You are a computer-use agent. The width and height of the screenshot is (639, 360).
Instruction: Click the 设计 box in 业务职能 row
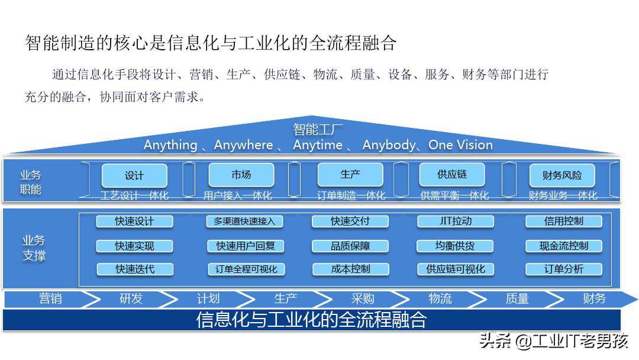134,176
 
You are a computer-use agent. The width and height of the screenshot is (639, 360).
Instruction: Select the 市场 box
241,175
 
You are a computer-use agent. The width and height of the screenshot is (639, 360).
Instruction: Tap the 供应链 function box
452,175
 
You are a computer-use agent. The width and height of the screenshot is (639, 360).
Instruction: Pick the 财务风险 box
561,176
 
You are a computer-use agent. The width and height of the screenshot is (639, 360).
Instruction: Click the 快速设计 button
134,221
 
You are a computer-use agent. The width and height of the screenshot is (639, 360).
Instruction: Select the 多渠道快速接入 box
244,221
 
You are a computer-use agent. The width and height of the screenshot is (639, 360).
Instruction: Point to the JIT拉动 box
456,221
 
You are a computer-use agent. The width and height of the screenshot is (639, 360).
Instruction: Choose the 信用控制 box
563,221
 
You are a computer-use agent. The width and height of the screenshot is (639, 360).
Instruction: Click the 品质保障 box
350,246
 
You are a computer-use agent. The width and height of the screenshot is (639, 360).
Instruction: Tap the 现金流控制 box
563,246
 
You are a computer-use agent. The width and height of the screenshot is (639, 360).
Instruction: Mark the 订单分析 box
563,269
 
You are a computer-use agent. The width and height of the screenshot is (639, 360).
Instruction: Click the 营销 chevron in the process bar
50,299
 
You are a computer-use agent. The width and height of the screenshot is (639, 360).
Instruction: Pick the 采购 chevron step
362,299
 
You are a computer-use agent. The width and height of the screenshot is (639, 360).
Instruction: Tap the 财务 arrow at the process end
594,299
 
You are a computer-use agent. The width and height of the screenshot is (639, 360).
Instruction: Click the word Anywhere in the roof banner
243,145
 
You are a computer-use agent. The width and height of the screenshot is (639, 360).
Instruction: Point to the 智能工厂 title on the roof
318,130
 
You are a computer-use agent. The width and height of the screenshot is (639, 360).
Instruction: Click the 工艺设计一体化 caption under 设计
134,195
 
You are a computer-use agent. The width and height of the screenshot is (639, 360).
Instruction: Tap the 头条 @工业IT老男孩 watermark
554,342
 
